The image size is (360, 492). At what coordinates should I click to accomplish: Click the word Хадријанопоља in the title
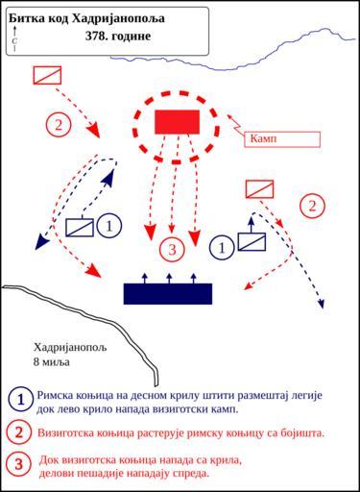118,19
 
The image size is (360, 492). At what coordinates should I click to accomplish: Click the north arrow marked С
14,38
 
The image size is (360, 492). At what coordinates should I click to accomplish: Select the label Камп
263,138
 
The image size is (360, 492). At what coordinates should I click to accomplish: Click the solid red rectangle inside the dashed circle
178,122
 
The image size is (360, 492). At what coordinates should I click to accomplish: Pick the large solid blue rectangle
168,294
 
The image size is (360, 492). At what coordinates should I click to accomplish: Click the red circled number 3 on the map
172,250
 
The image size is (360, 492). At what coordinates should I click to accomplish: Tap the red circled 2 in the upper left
59,125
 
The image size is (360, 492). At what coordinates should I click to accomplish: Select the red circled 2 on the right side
312,206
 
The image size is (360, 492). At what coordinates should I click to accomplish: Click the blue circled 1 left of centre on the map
109,226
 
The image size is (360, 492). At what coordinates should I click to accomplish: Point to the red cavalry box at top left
47,75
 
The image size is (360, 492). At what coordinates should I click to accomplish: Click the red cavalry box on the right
259,189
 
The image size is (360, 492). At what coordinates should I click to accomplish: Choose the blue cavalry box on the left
80,228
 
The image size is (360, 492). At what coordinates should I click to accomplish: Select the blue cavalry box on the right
252,242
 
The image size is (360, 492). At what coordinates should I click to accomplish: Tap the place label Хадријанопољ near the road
70,347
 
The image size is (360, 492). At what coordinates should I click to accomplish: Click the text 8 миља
52,362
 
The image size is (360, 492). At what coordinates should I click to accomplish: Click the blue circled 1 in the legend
21,400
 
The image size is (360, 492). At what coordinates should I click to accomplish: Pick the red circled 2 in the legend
19,432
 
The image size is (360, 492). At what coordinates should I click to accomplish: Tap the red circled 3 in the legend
19,464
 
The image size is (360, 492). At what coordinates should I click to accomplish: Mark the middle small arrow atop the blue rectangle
169,279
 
